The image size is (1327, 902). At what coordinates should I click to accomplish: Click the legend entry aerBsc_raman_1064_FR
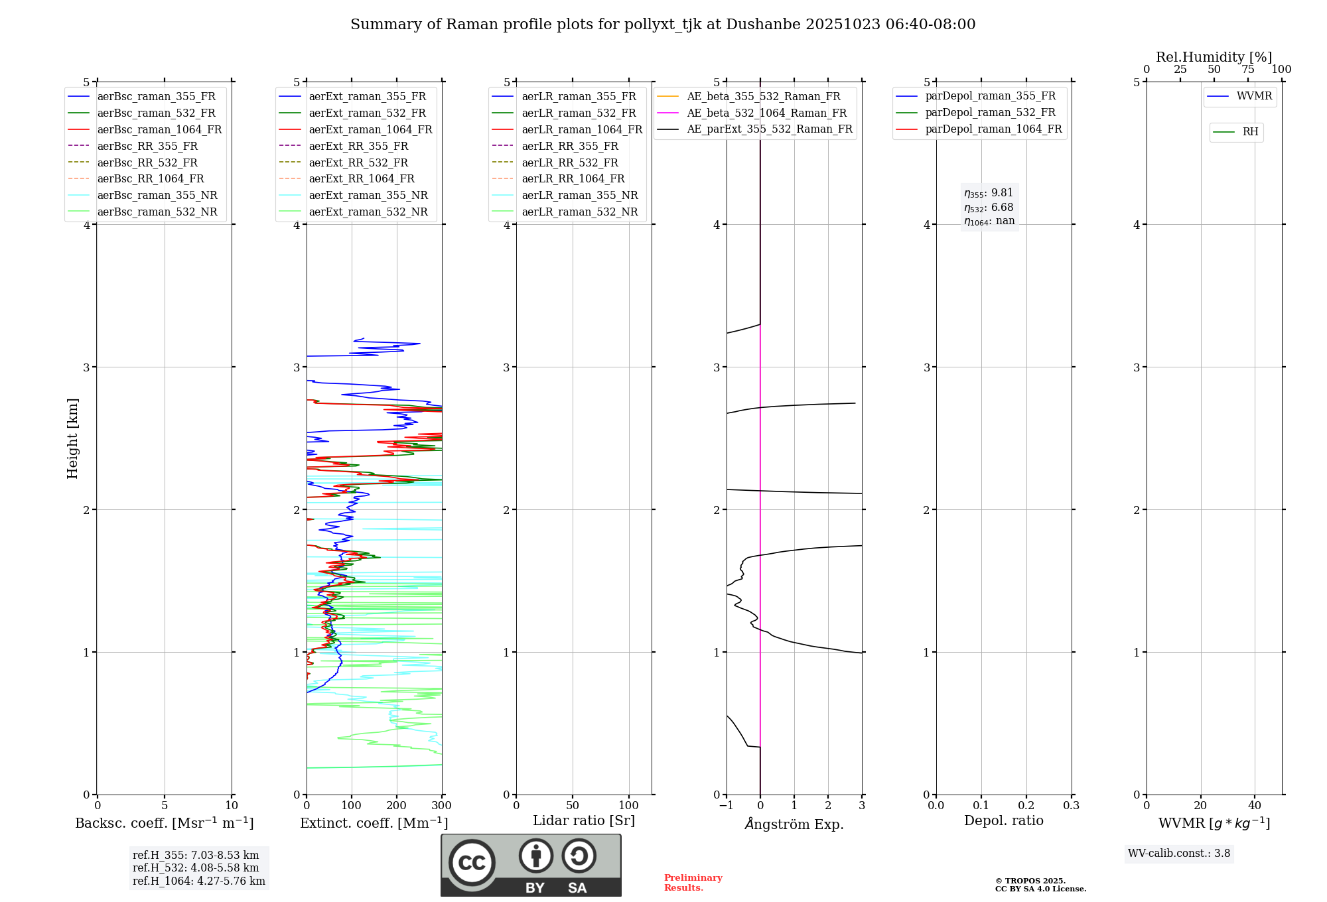(x=159, y=129)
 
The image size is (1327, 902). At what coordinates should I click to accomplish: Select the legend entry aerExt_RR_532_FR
(x=358, y=162)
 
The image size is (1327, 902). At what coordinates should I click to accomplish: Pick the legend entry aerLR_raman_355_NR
(x=579, y=195)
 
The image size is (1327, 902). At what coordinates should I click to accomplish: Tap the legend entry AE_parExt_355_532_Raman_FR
(x=769, y=129)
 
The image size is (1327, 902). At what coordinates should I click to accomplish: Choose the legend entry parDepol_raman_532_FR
(x=990, y=113)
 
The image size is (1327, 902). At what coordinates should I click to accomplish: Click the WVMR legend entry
(x=1253, y=96)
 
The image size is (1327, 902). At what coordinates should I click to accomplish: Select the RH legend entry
(x=1250, y=132)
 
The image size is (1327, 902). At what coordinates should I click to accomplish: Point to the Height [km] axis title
(x=72, y=438)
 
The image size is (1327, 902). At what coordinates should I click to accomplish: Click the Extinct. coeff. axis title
(x=374, y=823)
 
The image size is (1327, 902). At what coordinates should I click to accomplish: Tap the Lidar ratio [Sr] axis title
(x=584, y=820)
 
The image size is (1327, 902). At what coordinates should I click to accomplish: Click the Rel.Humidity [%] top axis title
(x=1214, y=57)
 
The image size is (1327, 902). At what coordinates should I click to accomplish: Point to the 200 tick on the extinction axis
(x=397, y=806)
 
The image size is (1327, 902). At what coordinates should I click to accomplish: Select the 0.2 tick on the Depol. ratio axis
(x=1026, y=806)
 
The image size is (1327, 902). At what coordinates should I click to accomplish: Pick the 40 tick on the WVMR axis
(x=1254, y=806)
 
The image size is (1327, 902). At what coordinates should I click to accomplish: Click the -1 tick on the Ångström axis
(x=727, y=806)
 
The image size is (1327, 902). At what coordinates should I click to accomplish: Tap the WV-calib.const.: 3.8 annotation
(x=1179, y=854)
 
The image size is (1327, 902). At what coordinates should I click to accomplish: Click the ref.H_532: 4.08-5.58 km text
(x=196, y=868)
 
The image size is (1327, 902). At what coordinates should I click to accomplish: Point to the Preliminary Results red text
(x=693, y=883)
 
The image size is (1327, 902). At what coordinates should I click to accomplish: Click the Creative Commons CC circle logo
(x=472, y=863)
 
